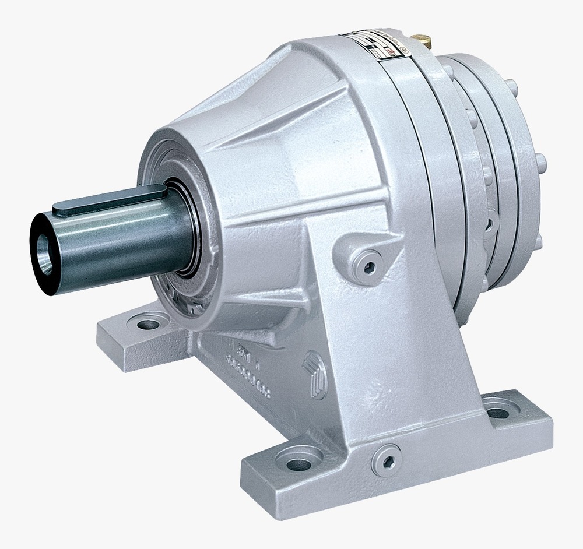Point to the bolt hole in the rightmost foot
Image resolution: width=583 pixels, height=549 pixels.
(496, 413)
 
